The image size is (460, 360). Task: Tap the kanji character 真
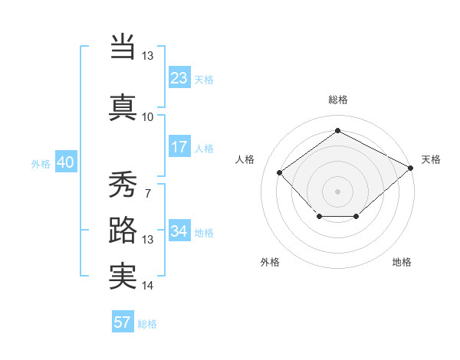tap(123, 107)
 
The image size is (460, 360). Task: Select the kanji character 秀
tap(123, 184)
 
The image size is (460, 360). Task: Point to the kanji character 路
tap(123, 231)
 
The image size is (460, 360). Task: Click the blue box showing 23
tap(179, 78)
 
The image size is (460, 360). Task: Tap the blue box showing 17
tap(179, 147)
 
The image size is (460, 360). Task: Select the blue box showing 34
tap(179, 231)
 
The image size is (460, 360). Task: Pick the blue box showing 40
tap(65, 162)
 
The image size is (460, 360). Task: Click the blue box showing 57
tap(123, 322)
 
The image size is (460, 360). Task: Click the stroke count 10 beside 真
tap(147, 116)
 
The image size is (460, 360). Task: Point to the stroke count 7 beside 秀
tap(147, 193)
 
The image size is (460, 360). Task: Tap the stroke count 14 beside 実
tap(147, 286)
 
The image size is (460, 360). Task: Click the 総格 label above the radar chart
tap(337, 100)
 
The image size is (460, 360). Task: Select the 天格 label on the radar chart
tap(431, 159)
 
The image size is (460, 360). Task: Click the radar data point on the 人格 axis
tap(280, 173)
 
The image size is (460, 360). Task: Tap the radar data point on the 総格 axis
tap(337, 131)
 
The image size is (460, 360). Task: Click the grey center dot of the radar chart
tap(337, 191)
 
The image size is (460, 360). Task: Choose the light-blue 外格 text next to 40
tap(41, 163)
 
